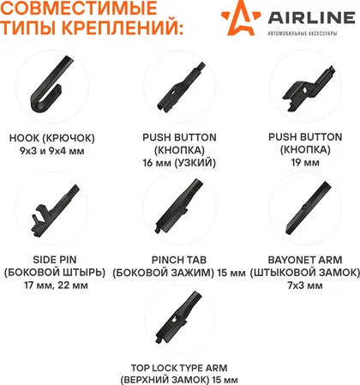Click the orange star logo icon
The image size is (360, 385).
pos(241,18)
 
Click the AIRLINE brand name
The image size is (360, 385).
pos(312,17)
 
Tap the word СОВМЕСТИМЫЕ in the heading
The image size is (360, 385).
pos(79,8)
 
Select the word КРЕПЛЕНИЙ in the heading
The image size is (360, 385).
pos(122,27)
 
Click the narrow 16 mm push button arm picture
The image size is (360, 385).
pos(181,87)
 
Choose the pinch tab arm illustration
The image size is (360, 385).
pos(179,207)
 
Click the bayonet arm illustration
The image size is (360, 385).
pos(309,208)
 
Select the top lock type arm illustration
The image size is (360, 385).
pos(179,317)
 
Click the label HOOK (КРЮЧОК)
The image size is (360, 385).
pos(52,138)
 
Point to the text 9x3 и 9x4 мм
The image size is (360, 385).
pos(52,151)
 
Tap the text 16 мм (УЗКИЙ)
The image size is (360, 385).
pos(179,163)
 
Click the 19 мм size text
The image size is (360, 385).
pos(305,162)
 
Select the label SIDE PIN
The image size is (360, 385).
pos(55,260)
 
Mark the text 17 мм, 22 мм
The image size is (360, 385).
pos(56,286)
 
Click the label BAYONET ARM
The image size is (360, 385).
pos(305,260)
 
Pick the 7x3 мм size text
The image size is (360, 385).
pos(305,286)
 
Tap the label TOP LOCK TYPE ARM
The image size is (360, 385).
pos(179,368)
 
